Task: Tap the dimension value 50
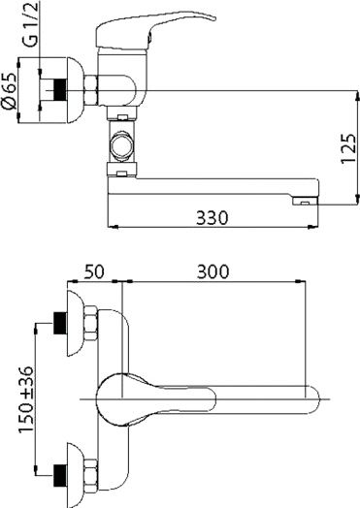pyautogui.click(x=94, y=270)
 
